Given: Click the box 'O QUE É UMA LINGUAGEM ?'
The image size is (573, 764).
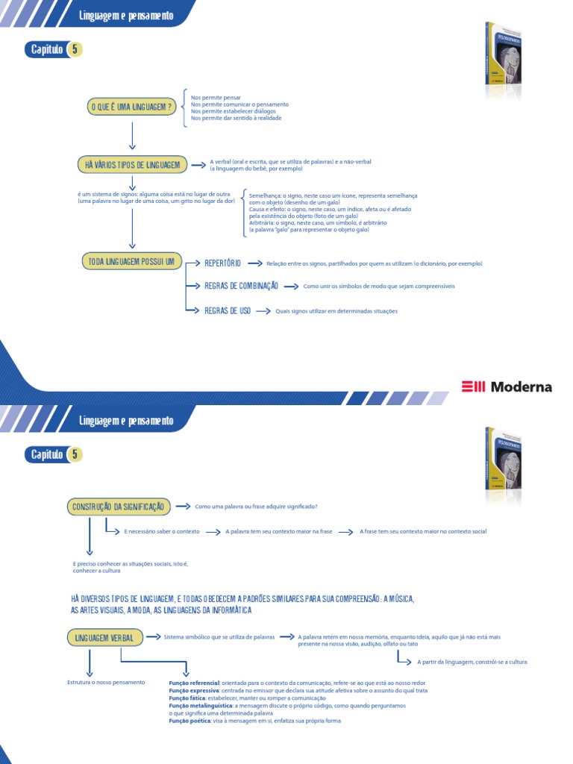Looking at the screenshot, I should [131, 107].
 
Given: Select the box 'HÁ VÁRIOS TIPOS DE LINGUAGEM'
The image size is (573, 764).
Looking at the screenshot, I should [132, 164].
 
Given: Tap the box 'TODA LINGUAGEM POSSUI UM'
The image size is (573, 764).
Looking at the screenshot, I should [131, 261].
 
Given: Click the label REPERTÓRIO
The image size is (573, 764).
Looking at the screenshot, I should [222, 263].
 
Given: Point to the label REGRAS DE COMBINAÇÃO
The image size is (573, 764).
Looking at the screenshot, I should [241, 286].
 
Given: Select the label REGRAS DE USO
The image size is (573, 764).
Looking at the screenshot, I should [228, 310].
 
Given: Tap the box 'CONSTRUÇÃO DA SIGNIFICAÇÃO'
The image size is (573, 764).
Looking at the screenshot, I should [119, 507].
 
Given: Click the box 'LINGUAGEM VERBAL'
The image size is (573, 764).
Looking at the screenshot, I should [105, 638].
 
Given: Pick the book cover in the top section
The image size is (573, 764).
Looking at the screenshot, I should [504, 60].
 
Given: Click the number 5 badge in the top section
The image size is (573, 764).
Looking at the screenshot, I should [75, 50].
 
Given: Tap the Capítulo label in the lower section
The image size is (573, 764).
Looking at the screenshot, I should [46, 454].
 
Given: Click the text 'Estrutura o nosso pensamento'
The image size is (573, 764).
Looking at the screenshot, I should [106, 683].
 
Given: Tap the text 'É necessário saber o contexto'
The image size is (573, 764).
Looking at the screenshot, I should [162, 532].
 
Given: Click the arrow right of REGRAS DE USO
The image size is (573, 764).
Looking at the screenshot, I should [263, 311].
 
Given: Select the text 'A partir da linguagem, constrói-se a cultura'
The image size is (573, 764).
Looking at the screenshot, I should [472, 662].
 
